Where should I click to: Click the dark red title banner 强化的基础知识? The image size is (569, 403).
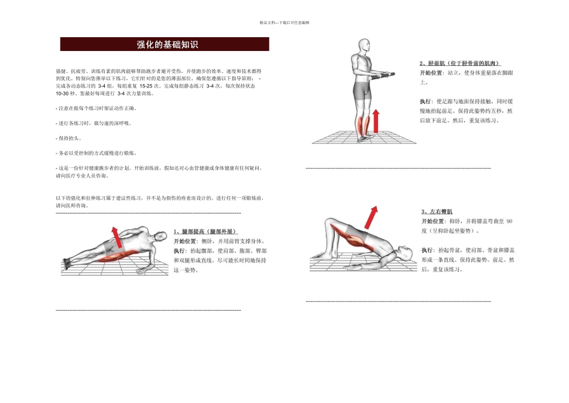point(165,44)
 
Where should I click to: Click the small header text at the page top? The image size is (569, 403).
point(284,22)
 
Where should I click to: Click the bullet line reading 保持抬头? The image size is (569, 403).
point(69,138)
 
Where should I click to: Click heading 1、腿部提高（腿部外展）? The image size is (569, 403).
point(206,231)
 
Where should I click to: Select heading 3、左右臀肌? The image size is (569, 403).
point(437,212)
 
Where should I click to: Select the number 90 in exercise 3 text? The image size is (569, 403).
point(509,221)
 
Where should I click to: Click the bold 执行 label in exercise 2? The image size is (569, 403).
point(428,101)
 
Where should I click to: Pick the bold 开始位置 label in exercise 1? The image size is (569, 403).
point(185,240)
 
